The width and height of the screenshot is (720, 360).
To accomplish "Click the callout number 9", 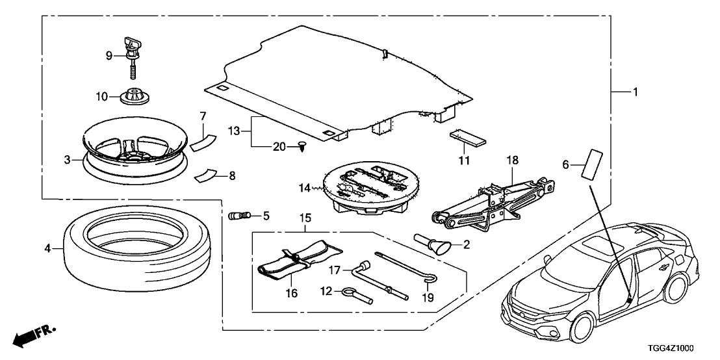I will point(110,56).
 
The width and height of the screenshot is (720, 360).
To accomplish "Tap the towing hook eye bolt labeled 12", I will point(357,296).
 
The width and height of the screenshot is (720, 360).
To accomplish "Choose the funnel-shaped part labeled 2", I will point(435,244).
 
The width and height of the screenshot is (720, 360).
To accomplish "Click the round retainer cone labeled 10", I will point(135,95).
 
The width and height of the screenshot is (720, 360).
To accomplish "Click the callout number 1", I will point(636,92).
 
